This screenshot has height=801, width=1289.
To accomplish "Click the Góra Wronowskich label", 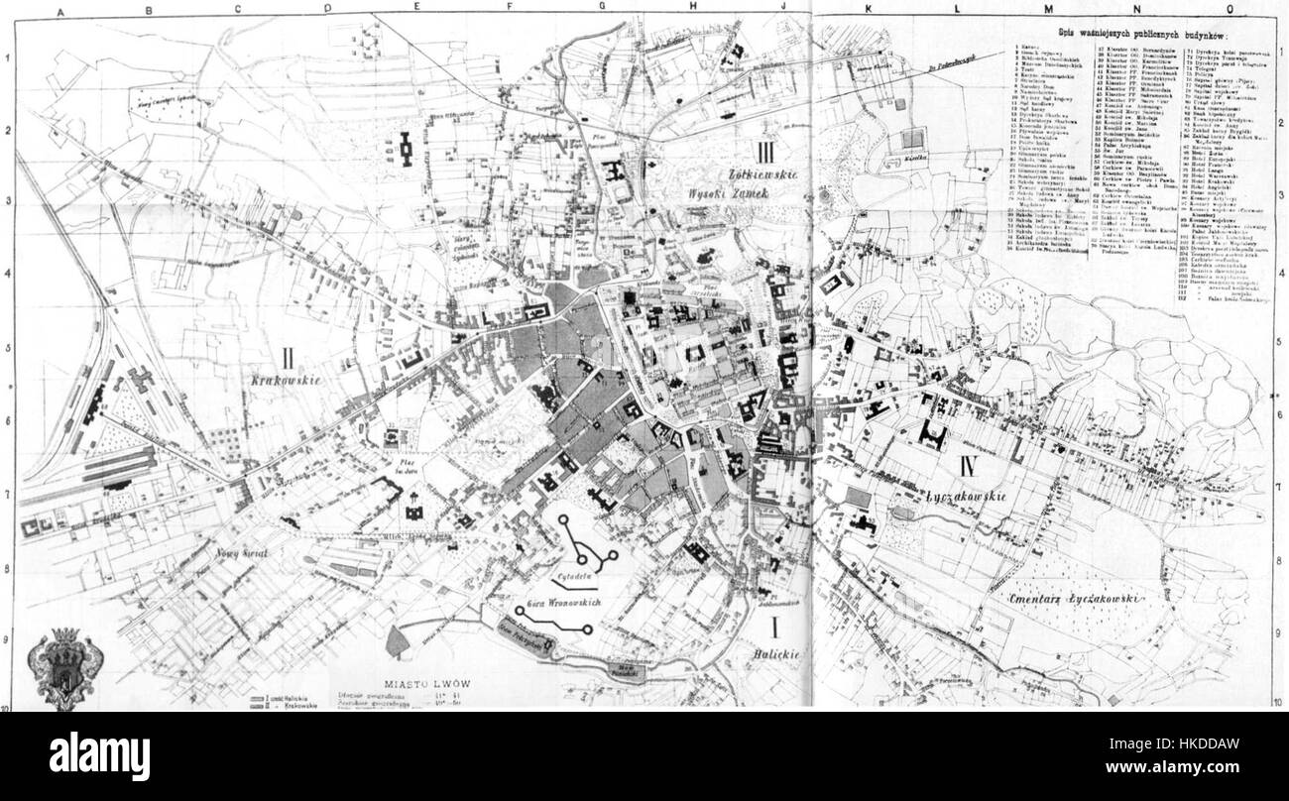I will [556, 602].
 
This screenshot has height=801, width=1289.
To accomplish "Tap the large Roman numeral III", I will [763, 152].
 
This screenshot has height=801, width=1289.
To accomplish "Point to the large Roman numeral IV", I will [972, 464].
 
